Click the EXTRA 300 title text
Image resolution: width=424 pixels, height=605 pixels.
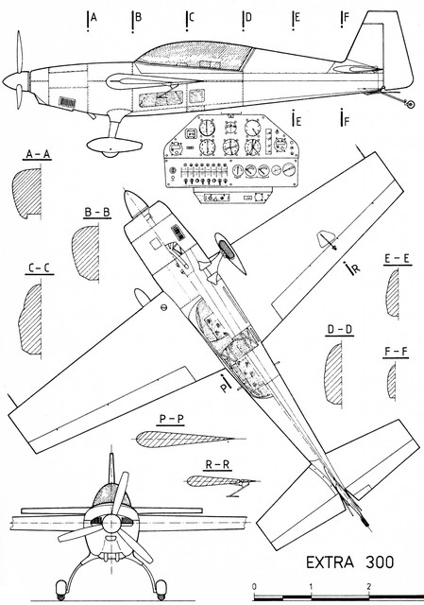[x=350, y=562]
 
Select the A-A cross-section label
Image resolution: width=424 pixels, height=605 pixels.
[x=38, y=155]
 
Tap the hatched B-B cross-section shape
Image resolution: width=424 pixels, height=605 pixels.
[x=86, y=252]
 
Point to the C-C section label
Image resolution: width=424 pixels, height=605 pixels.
[x=40, y=268]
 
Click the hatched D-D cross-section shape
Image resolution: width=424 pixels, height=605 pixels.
[x=334, y=374]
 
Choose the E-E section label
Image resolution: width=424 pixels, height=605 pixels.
[x=397, y=259]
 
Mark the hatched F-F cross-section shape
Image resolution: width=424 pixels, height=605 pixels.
[x=392, y=381]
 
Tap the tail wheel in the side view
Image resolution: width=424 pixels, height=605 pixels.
[x=411, y=103]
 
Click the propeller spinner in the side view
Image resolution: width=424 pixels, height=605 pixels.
[x=15, y=83]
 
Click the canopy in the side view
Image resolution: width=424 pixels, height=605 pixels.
[x=195, y=56]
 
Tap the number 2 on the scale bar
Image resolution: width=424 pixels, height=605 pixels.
[x=369, y=586]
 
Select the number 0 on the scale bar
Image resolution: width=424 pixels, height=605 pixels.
[x=254, y=586]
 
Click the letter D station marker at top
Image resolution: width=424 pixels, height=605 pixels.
[x=248, y=17]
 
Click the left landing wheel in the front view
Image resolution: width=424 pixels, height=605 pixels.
[x=61, y=589]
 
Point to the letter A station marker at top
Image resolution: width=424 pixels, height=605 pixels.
[x=93, y=17]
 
